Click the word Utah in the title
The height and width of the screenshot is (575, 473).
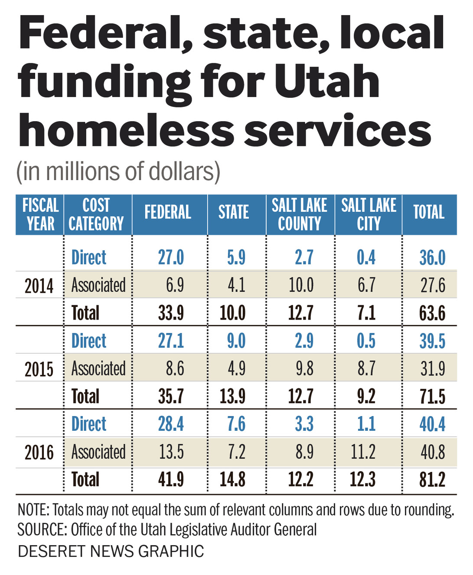327,81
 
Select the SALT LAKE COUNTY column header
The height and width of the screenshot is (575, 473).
299,214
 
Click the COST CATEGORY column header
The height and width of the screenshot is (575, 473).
96,214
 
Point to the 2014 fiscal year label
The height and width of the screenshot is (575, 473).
39,286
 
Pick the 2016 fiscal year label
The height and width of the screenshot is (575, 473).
39,453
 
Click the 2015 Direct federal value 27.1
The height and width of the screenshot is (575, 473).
171,341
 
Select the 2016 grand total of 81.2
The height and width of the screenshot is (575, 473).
432,480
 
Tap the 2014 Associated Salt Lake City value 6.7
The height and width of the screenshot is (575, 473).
366,285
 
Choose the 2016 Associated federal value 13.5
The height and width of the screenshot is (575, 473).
171,452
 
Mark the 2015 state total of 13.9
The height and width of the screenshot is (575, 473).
232,397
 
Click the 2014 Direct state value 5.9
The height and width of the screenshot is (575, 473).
236,258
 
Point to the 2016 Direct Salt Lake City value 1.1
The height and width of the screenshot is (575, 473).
366,424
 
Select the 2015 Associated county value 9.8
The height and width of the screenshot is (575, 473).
304,369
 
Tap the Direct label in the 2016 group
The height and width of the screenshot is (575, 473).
89,424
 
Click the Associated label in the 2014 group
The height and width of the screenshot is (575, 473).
98,285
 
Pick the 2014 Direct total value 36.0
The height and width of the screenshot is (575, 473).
432,258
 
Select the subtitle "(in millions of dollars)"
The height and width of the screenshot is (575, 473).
118,171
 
